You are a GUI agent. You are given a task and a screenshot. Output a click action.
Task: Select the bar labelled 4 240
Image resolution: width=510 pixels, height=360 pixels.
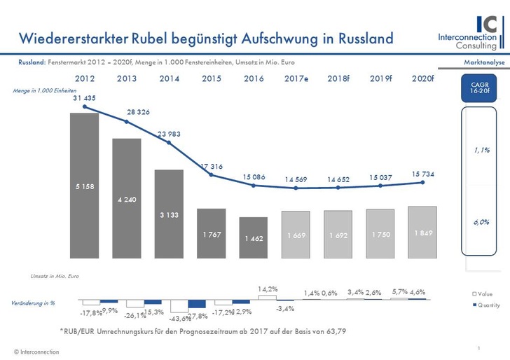[x=127, y=199]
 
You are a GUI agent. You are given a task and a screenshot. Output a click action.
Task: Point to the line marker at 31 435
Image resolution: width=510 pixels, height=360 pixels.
[x=84, y=107]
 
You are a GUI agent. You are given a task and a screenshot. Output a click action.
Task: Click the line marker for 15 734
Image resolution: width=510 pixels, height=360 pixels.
[x=422, y=183]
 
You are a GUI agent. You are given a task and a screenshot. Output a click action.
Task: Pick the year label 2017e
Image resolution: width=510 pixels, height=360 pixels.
[x=296, y=78]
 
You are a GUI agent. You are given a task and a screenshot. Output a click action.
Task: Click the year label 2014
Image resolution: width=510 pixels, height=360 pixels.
[x=169, y=78]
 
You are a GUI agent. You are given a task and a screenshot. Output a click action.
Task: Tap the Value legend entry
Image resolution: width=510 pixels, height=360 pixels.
[x=485, y=295]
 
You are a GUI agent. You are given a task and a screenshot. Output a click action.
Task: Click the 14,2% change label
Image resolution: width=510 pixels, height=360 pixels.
[x=267, y=289]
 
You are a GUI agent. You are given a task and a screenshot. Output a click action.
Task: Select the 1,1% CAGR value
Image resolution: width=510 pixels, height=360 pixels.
[x=481, y=150]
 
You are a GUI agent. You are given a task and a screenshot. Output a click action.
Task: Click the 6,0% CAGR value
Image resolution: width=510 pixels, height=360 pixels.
[x=481, y=221]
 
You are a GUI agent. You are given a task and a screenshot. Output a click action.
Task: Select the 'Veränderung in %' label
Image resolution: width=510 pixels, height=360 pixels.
[x=33, y=303]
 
